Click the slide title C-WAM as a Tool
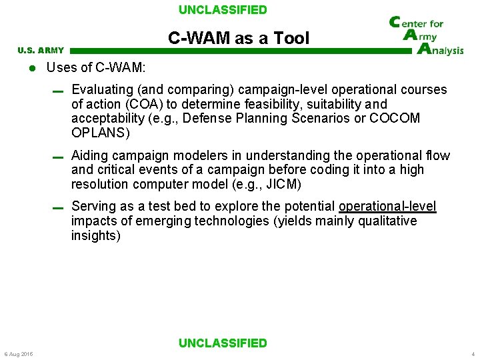coord(239,38)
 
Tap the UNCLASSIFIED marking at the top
coord(223,10)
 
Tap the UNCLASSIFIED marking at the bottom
coord(223,343)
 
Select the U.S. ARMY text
coord(41,50)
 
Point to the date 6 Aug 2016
coord(18,354)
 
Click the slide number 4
coord(473,354)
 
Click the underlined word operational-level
coord(387,206)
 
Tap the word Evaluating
coord(101,89)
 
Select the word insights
coord(95,235)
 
